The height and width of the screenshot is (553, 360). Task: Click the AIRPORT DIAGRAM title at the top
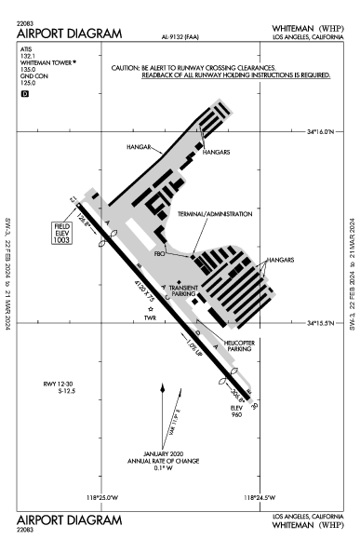coord(70,33)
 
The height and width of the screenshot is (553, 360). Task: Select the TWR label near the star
coord(147,317)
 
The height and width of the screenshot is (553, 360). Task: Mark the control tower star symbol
coord(148,308)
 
